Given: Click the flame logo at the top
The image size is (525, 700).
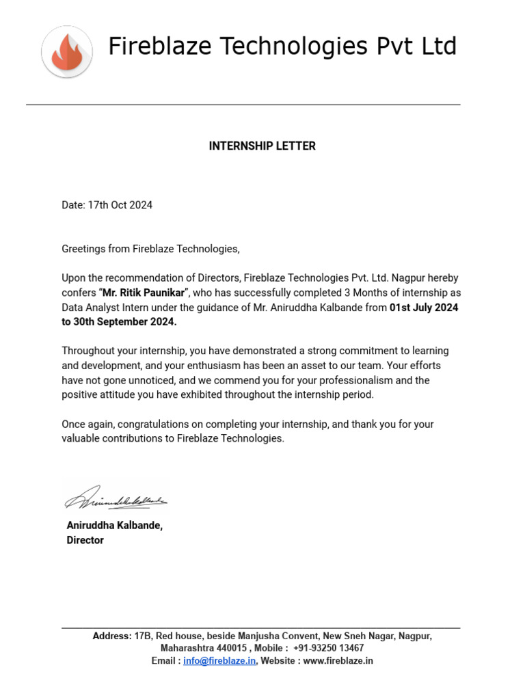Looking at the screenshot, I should [66, 51].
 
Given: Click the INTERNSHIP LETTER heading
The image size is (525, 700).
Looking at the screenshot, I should [262, 146].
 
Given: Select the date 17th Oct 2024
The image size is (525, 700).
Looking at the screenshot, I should [120, 205].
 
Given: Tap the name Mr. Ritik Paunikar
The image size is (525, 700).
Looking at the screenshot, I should [144, 293].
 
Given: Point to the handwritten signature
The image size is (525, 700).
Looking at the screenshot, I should [116, 497].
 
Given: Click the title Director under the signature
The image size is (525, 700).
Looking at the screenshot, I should [85, 540].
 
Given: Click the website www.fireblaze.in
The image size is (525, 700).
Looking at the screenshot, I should [338, 661].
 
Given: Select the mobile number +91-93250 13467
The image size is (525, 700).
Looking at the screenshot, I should [328, 648].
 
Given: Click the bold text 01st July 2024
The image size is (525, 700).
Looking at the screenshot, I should [424, 308].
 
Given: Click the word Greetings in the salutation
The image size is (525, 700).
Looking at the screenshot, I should [83, 249].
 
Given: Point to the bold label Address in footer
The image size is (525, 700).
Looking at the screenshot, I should [111, 636].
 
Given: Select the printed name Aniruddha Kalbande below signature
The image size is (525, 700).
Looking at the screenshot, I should [114, 526].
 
